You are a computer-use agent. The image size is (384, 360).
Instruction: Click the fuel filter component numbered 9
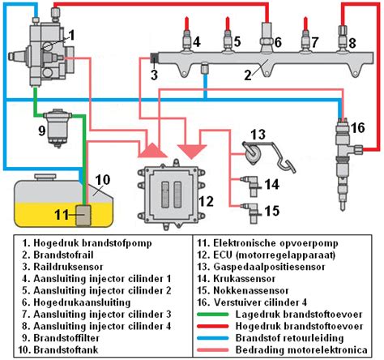(58, 128)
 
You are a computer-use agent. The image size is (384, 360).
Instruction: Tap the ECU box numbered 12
(171, 195)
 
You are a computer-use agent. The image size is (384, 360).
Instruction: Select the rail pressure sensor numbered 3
(155, 58)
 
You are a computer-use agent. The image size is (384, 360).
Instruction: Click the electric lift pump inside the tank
(83, 215)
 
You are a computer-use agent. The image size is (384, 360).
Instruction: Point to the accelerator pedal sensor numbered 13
(267, 155)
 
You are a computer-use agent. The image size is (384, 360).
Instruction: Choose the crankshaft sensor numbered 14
(250, 185)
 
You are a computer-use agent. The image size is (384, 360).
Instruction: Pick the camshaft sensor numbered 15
(250, 212)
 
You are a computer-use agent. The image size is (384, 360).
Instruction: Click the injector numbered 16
(345, 163)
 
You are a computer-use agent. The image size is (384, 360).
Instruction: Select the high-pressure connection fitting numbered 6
(267, 37)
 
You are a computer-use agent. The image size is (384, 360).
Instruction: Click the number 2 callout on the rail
(248, 75)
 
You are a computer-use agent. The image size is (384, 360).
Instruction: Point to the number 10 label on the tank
(103, 179)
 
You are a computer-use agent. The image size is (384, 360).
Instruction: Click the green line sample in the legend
(213, 315)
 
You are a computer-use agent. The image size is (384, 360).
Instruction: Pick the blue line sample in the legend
(213, 338)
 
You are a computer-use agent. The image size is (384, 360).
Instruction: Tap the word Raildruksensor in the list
(68, 267)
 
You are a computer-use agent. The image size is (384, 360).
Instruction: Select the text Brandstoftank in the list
(66, 349)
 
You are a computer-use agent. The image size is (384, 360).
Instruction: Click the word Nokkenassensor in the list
(251, 290)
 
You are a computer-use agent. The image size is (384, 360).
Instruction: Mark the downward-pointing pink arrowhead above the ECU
(192, 152)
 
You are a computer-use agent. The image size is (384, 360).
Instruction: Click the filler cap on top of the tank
(45, 178)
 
